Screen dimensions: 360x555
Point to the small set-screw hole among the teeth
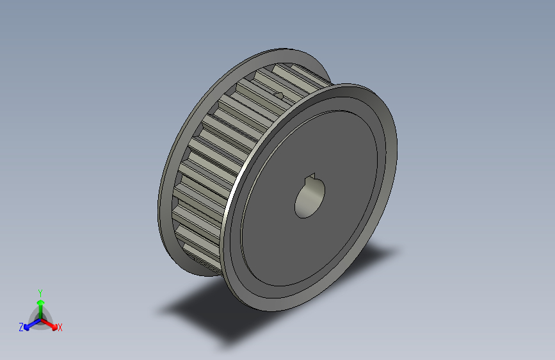[x=279, y=96]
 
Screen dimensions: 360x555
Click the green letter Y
[x=40, y=292]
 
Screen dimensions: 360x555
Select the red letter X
[x=60, y=327]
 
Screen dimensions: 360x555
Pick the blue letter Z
[x=21, y=327]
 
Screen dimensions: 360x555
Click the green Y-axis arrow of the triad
[x=40, y=305]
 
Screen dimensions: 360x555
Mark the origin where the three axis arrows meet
[x=40, y=318]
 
